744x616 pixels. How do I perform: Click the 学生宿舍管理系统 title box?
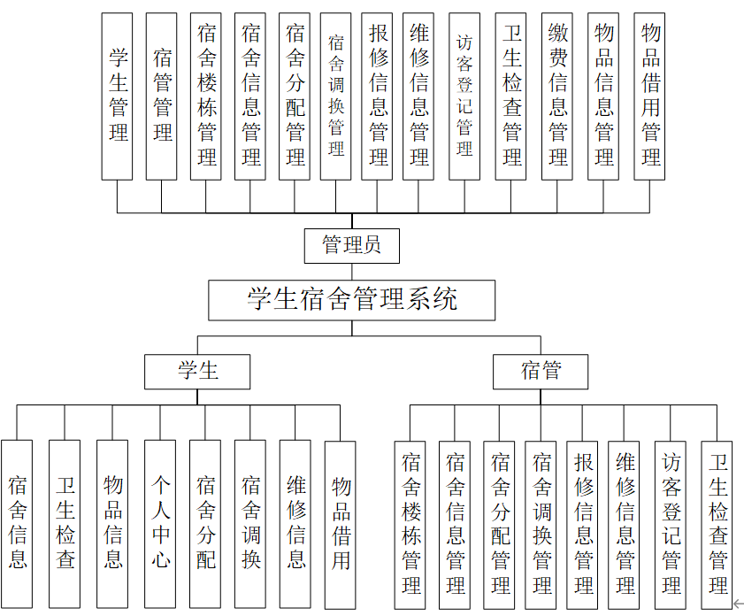(x=351, y=300)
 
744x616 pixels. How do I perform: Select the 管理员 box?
(x=351, y=245)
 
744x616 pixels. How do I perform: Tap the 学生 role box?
(x=197, y=371)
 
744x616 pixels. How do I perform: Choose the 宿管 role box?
(x=541, y=371)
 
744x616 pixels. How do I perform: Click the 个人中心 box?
(x=160, y=524)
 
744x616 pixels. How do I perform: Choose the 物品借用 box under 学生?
(x=341, y=524)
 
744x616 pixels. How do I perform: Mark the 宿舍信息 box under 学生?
(x=17, y=524)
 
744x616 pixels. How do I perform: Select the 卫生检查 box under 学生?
(x=65, y=524)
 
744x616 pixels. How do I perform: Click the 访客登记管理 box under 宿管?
(x=671, y=524)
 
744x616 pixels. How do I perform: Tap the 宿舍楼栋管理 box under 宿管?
(x=410, y=524)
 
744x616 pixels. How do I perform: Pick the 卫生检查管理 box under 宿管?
(x=717, y=524)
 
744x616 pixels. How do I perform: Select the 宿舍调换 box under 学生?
(x=250, y=524)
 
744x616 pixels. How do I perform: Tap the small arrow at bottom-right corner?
(x=737, y=604)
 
